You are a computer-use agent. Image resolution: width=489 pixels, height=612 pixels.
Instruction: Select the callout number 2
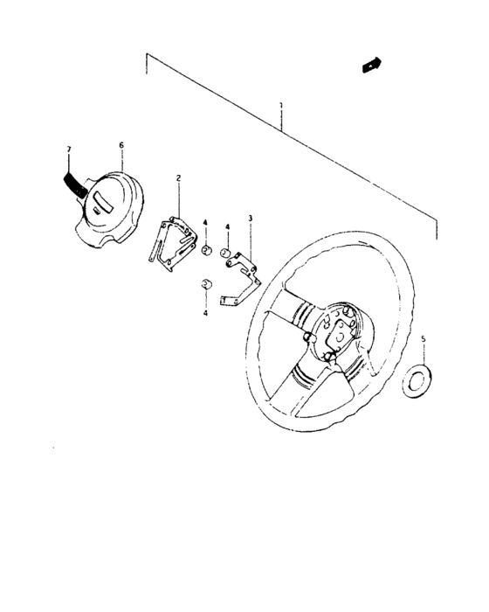coord(178,177)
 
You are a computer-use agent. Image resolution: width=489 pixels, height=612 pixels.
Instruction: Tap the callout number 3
coord(250,217)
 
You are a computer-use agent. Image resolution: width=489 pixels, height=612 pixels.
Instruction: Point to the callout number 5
coord(424,337)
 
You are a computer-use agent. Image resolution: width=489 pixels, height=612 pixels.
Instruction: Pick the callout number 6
coord(121,144)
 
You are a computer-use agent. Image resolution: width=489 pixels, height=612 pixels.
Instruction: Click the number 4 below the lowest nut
coord(205,311)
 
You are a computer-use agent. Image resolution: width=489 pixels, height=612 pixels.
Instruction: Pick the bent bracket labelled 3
coord(241,280)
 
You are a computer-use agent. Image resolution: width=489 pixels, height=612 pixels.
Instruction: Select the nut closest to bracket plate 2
coord(206,253)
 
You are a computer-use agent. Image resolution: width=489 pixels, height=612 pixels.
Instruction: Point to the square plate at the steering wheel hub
coord(333,329)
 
